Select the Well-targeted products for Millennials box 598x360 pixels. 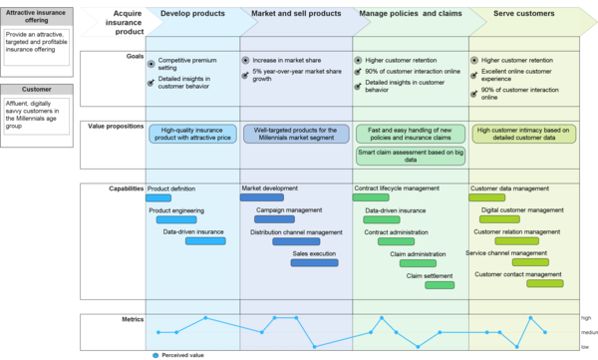296,133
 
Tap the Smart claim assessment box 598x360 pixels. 410,156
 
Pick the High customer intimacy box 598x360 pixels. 524,133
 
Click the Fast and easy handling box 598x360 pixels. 410,133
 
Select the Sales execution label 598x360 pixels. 314,253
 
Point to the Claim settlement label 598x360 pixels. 430,276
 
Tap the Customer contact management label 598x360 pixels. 517,274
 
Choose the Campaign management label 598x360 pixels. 289,209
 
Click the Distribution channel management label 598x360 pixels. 295,231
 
